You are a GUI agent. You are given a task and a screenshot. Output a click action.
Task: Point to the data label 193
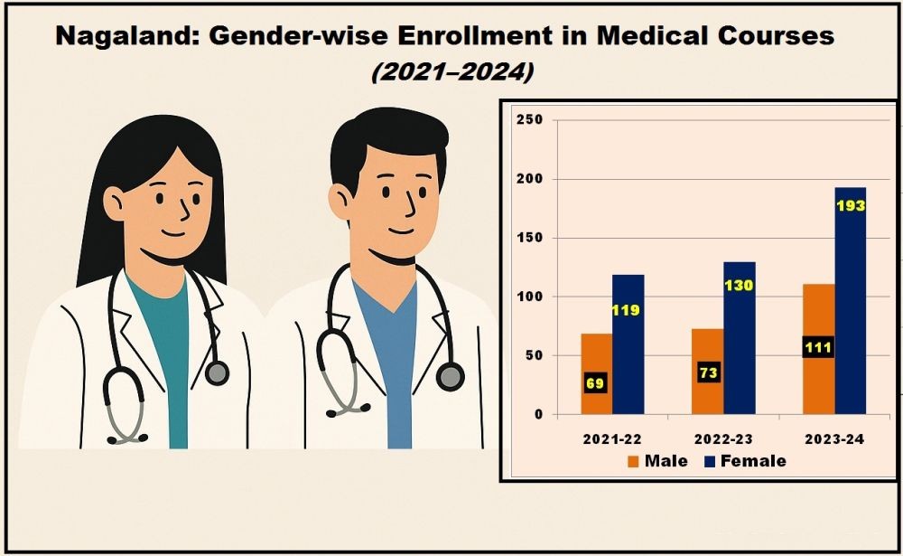click(851, 205)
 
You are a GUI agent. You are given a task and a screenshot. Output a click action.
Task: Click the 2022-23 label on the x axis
click(723, 438)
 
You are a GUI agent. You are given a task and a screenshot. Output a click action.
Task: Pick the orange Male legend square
click(632, 461)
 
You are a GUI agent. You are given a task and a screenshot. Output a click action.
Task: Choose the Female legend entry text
click(753, 461)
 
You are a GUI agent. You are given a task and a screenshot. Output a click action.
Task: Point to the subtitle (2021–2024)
click(452, 71)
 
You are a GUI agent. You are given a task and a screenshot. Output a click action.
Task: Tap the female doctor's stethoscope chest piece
click(217, 372)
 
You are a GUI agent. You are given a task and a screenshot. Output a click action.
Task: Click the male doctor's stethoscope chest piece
click(450, 376)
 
